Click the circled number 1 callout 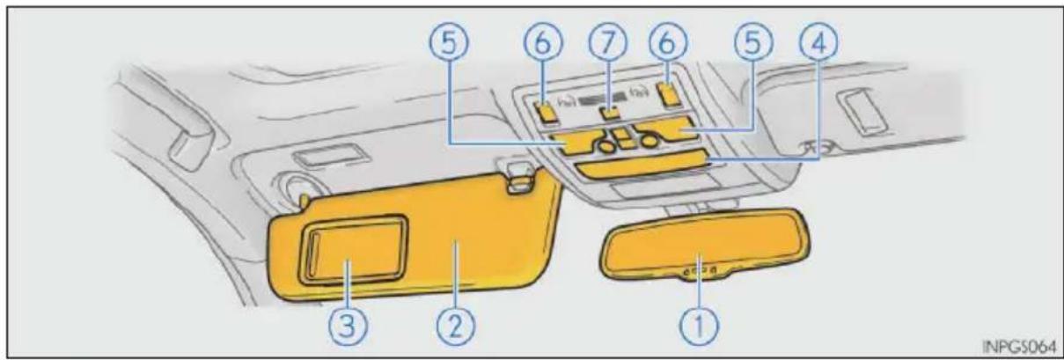(x=699, y=327)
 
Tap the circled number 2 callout (x=456, y=327)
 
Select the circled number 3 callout (x=349, y=327)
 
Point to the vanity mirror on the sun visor (x=352, y=250)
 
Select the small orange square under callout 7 (x=611, y=113)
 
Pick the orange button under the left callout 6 (x=546, y=113)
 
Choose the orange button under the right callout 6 (x=669, y=93)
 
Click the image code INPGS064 (x=1021, y=346)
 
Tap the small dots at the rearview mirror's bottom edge (x=701, y=272)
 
